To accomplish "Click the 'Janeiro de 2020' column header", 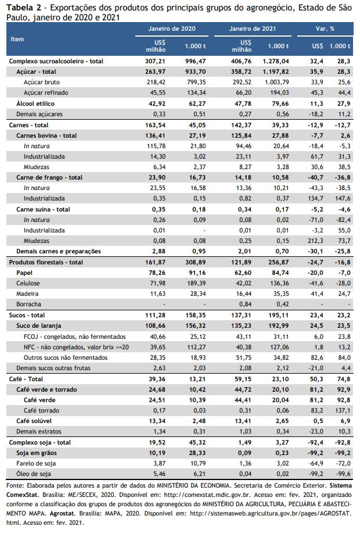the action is point(172,29).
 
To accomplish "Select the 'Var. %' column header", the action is point(325,29).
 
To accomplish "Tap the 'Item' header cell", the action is point(17,39).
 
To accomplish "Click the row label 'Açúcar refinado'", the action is point(46,92).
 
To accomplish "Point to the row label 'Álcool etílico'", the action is point(35,103).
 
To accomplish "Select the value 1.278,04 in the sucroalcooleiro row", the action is point(276,61).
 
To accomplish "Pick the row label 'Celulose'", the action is point(28,283).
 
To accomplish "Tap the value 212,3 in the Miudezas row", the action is point(315,241).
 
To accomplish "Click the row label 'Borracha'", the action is point(29,304).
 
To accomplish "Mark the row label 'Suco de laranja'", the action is point(39,325).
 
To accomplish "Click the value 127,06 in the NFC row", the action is point(279,347).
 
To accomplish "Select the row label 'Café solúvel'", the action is point(34,421).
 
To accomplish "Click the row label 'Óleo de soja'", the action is point(34,474).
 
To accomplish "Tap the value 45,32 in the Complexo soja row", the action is point(197,442).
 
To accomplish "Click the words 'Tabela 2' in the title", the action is point(21,8).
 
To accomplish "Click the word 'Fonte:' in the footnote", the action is point(15,486).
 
